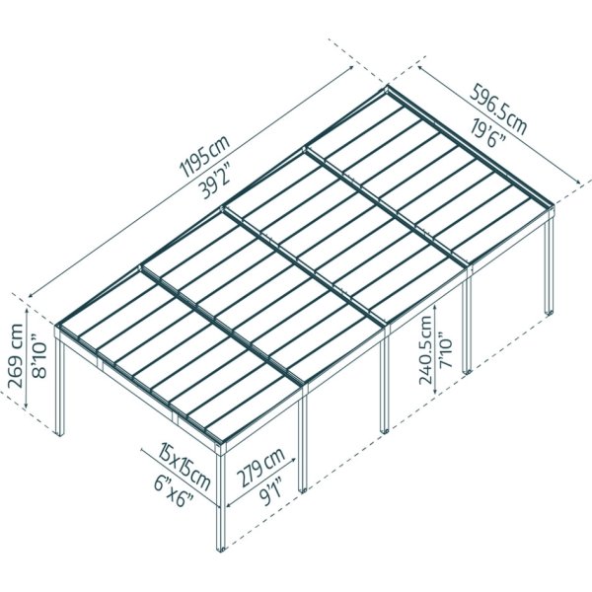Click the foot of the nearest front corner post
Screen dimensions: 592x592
(221, 546)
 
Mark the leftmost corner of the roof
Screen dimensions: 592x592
(58, 327)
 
